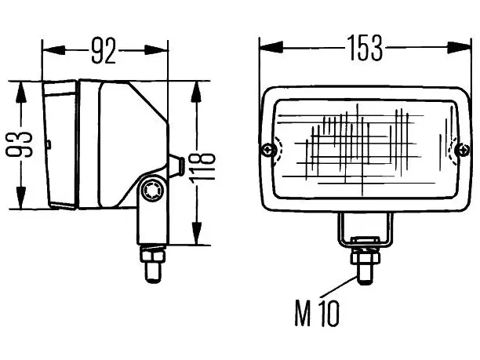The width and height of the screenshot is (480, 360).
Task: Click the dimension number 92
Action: point(104,50)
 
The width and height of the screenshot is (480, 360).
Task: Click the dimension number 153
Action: point(365,48)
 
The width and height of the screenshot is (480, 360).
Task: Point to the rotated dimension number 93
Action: point(19,144)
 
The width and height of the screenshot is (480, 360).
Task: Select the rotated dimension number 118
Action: point(202,168)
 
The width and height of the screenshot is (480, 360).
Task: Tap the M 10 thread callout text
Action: point(317,313)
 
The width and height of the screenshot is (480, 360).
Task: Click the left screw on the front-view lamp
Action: point(268,150)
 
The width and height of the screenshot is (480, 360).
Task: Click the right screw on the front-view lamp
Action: point(462,150)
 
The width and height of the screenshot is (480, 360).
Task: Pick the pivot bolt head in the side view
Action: point(152,190)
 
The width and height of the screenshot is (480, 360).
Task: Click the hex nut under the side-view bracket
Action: point(153,256)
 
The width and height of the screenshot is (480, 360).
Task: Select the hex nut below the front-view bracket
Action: point(365,256)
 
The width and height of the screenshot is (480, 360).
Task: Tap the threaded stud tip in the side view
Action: point(153,273)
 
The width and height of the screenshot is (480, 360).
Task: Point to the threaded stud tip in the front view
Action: point(365,275)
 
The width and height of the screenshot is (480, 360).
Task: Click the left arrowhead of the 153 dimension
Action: point(271,48)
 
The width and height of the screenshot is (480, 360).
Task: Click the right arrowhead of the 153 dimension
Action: point(459,48)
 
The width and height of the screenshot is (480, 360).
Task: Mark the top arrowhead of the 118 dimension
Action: point(195,92)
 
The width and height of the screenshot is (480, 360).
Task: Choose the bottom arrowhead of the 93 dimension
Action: point(20,198)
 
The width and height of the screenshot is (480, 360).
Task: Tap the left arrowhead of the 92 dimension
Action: point(54,50)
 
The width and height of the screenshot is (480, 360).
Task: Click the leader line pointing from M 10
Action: point(339,287)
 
